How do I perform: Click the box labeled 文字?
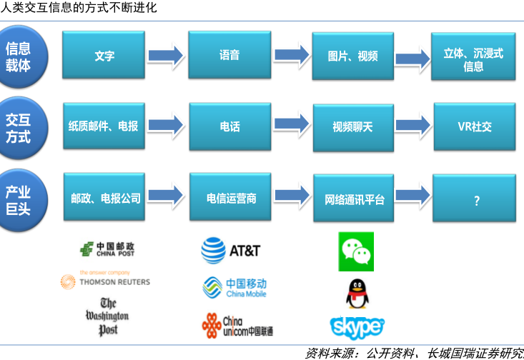pyautogui.click(x=104, y=55)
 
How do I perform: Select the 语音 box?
pyautogui.click(x=229, y=55)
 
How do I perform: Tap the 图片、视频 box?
pyautogui.click(x=352, y=56)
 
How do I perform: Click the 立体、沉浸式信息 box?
pyautogui.click(x=473, y=59)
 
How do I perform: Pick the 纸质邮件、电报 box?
pyautogui.click(x=104, y=126)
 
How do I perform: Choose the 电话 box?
pyautogui.click(x=230, y=126)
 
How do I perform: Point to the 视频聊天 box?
pyautogui.click(x=353, y=127)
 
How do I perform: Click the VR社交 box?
pyautogui.click(x=475, y=127)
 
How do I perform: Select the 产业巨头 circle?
pyautogui.click(x=19, y=199)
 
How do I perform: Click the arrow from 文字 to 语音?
pyautogui.click(x=166, y=54)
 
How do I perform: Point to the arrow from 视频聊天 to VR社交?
pyautogui.click(x=412, y=126)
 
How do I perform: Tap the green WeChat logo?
pyautogui.click(x=356, y=251)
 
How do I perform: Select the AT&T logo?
pyautogui.click(x=230, y=251)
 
